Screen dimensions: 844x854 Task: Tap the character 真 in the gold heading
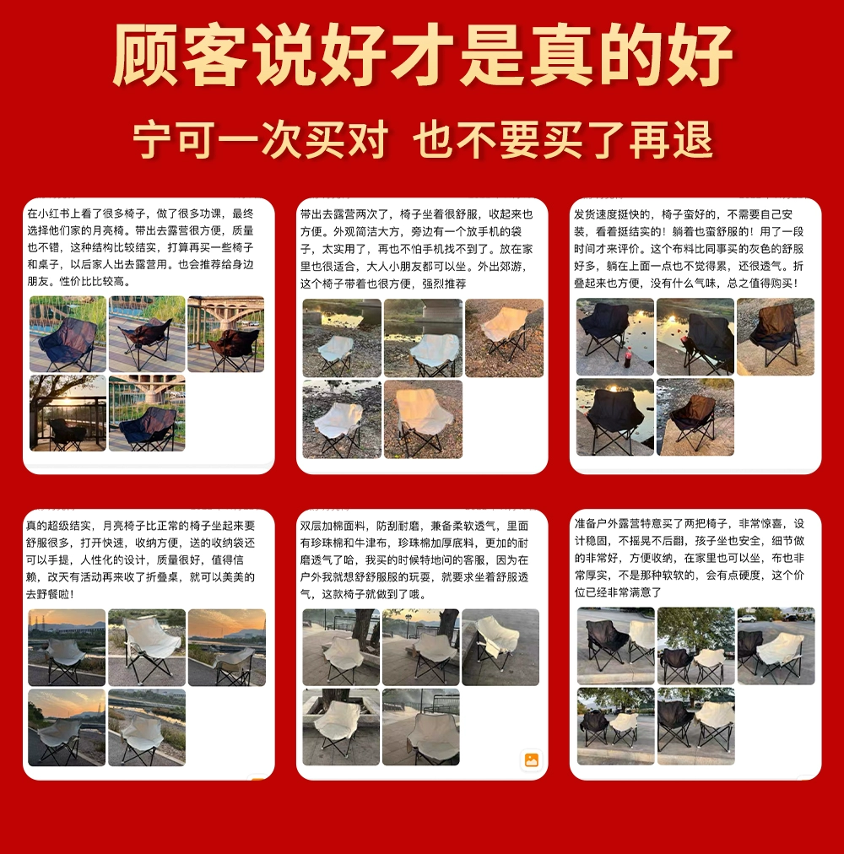(x=561, y=55)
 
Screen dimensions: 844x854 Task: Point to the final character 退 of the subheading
(x=693, y=141)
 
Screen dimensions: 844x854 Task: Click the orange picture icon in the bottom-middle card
(x=531, y=759)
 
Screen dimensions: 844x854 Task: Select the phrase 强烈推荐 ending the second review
(x=444, y=284)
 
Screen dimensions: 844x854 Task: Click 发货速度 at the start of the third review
(x=596, y=214)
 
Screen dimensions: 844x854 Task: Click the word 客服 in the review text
(x=474, y=559)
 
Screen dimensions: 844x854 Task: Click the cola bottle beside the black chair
(x=628, y=356)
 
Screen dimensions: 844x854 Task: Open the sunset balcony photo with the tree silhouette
(x=68, y=413)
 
